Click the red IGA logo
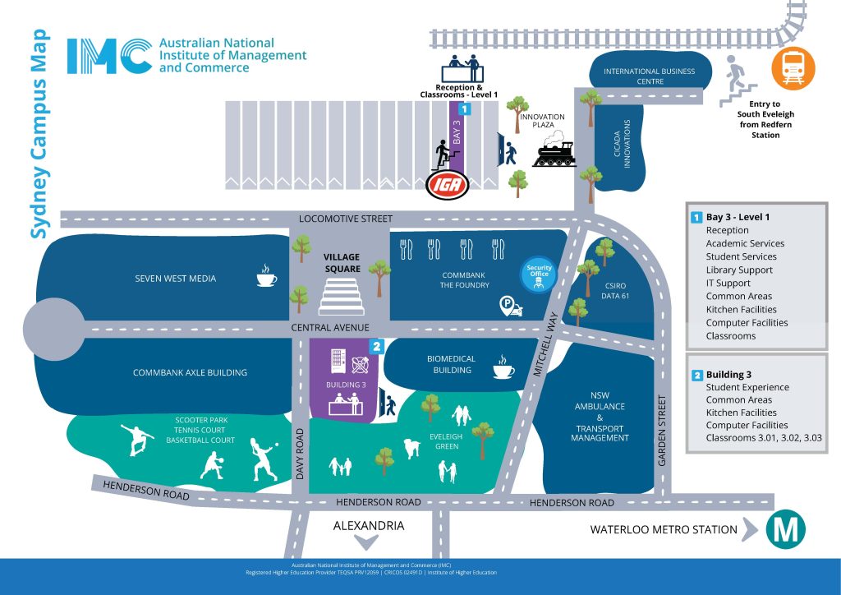pos(447,184)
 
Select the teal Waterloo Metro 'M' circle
pos(785,531)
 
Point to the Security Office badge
pos(539,274)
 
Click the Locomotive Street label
pos(346,219)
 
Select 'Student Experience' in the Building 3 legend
pos(747,387)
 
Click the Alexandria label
pos(368,526)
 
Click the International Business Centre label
pos(649,76)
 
